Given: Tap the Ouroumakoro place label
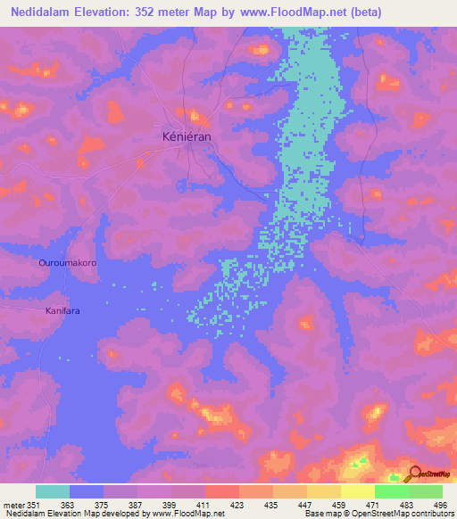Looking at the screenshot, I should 67,264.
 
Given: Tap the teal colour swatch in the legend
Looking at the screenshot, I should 53,491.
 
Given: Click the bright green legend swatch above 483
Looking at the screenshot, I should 391,491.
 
